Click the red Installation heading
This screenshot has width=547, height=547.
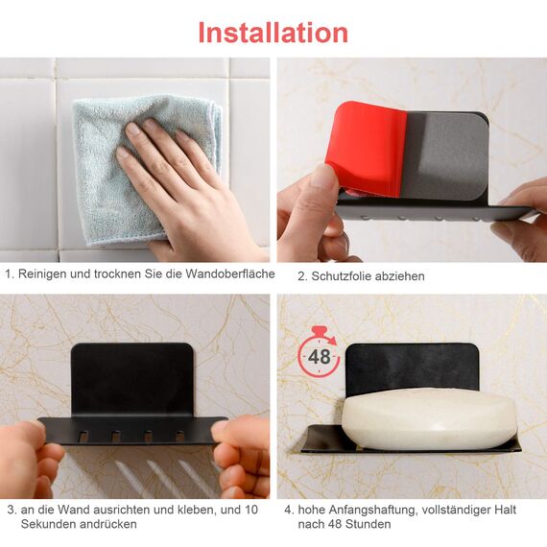click(273, 32)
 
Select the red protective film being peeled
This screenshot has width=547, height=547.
click(365, 144)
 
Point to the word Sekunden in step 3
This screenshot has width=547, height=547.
click(47, 524)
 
